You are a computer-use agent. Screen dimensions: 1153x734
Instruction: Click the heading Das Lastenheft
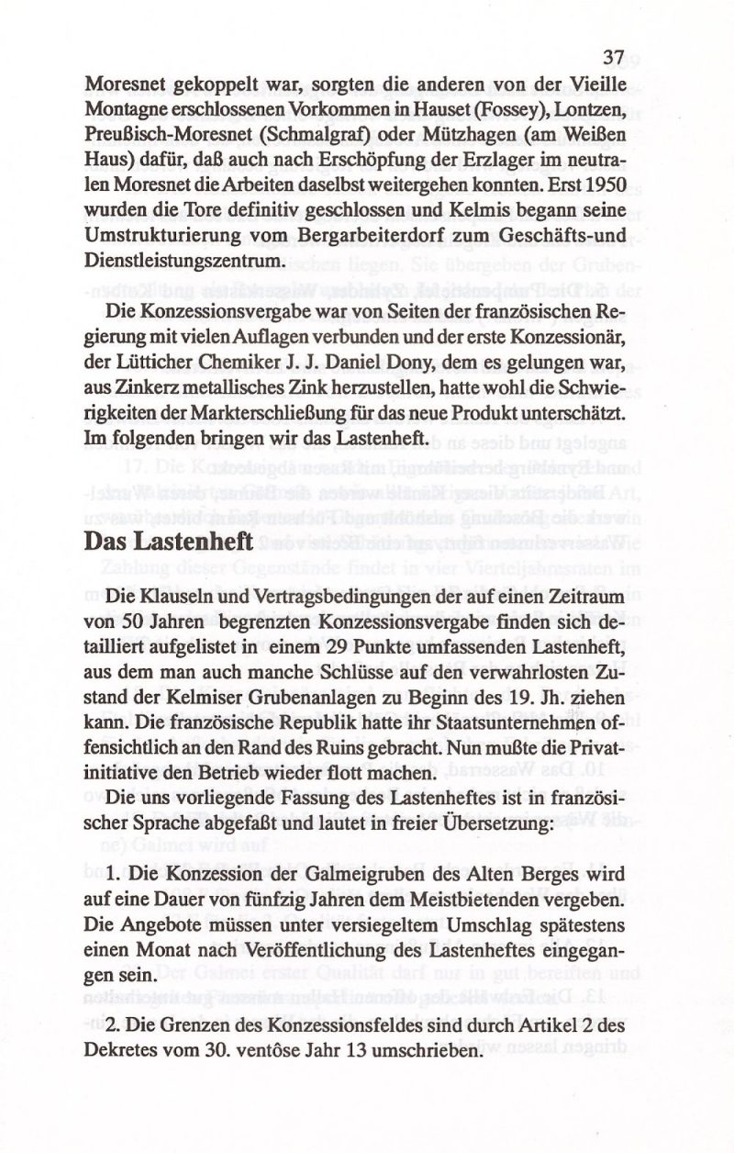click(x=169, y=543)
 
